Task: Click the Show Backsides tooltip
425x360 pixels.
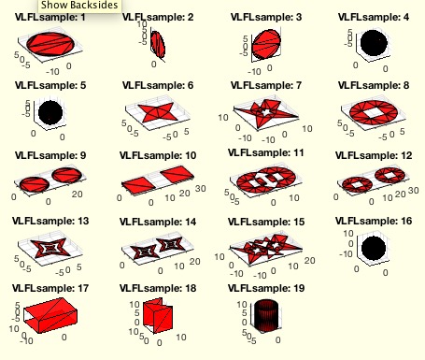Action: (79, 6)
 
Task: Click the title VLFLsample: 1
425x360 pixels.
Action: (50, 17)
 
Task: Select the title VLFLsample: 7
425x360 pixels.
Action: (266, 85)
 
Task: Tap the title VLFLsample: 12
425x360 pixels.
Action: (374, 155)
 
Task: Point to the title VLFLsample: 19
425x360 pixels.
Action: (266, 288)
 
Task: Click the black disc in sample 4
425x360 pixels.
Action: (374, 43)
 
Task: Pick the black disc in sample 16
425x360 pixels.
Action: (374, 248)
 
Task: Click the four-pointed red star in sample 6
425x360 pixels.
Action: (159, 112)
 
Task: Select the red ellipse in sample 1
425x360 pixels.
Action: (50, 44)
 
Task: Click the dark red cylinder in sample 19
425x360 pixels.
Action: (266, 315)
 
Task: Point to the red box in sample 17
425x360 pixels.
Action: (50, 315)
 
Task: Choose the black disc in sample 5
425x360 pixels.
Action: (50, 112)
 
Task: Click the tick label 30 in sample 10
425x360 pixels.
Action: (201, 189)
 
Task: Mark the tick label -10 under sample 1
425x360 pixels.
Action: (52, 72)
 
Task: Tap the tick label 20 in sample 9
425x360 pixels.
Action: (77, 194)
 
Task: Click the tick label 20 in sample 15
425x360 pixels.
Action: (309, 260)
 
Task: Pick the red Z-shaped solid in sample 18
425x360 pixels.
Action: (158, 315)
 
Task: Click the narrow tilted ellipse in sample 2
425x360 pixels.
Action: (158, 45)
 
